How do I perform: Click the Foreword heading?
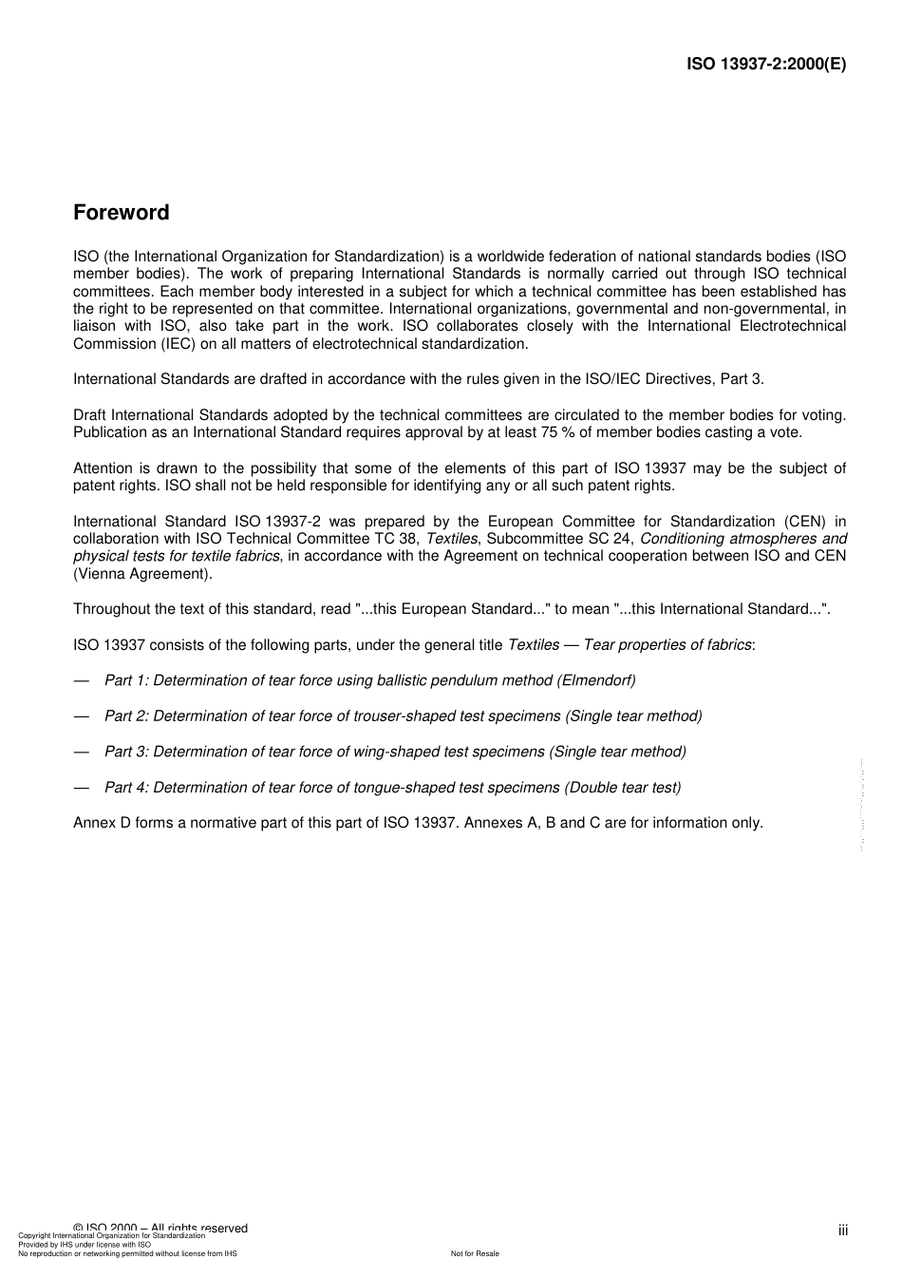(x=122, y=213)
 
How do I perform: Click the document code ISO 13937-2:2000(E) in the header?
(x=765, y=65)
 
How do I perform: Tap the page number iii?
(x=842, y=1230)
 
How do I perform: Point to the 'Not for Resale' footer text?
(x=475, y=1253)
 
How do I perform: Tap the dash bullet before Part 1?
(x=81, y=680)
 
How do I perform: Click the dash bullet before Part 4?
(x=81, y=788)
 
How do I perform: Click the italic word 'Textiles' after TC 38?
(x=451, y=539)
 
